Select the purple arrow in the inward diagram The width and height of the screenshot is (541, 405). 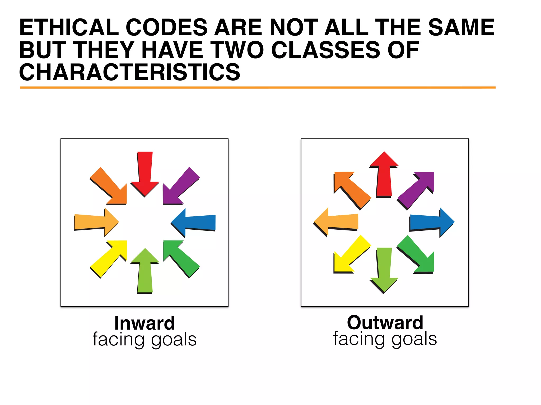click(180, 187)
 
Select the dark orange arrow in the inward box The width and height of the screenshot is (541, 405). click(110, 187)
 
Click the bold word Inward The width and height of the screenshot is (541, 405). click(144, 323)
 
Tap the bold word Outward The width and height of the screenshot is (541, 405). click(385, 323)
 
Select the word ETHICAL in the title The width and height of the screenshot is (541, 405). click(69, 27)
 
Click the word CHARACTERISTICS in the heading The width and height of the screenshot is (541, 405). click(129, 72)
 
